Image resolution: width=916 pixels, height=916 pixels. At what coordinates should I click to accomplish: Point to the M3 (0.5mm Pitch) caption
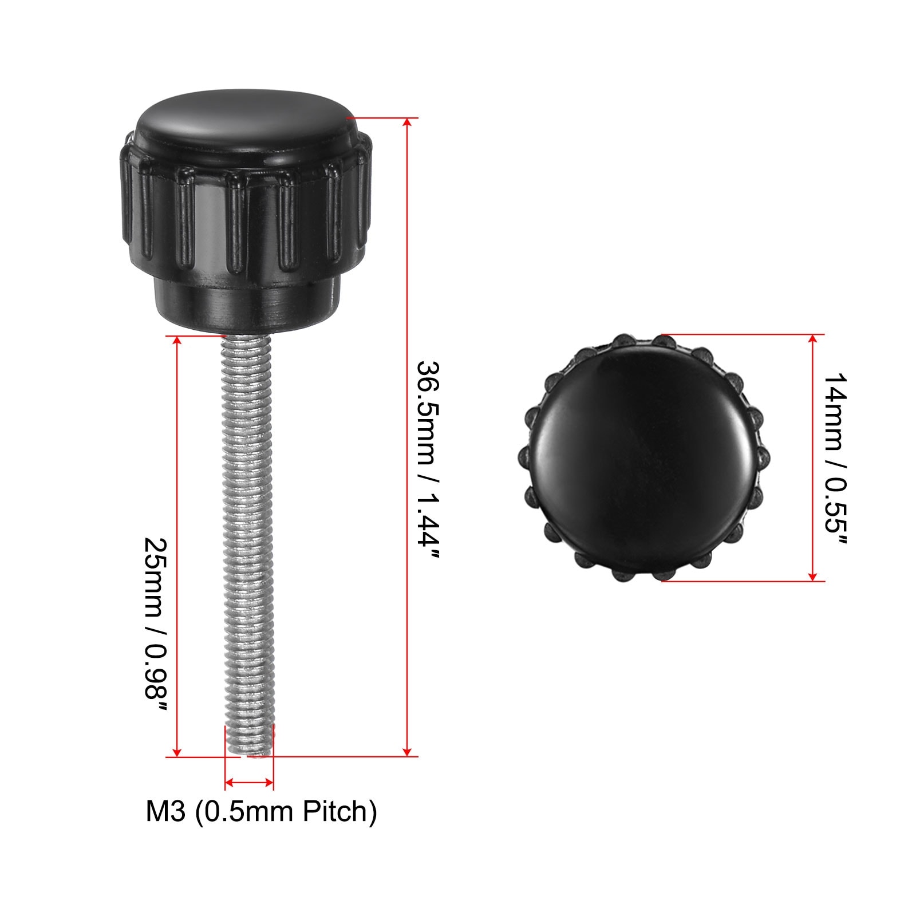(x=261, y=811)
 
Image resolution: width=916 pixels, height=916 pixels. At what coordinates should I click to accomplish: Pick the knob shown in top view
(x=641, y=459)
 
